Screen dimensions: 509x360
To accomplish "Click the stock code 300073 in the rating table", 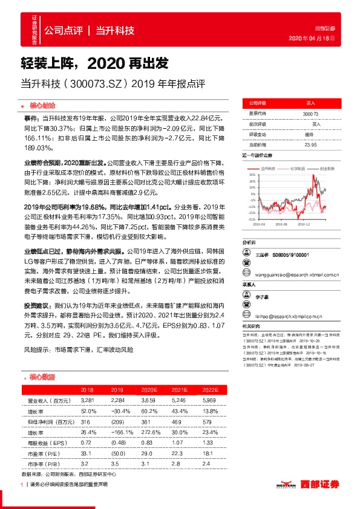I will (x=310, y=113).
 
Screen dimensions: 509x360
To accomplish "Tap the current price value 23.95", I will (x=310, y=144).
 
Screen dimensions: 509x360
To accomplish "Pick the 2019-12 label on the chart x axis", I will (x=304, y=223).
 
